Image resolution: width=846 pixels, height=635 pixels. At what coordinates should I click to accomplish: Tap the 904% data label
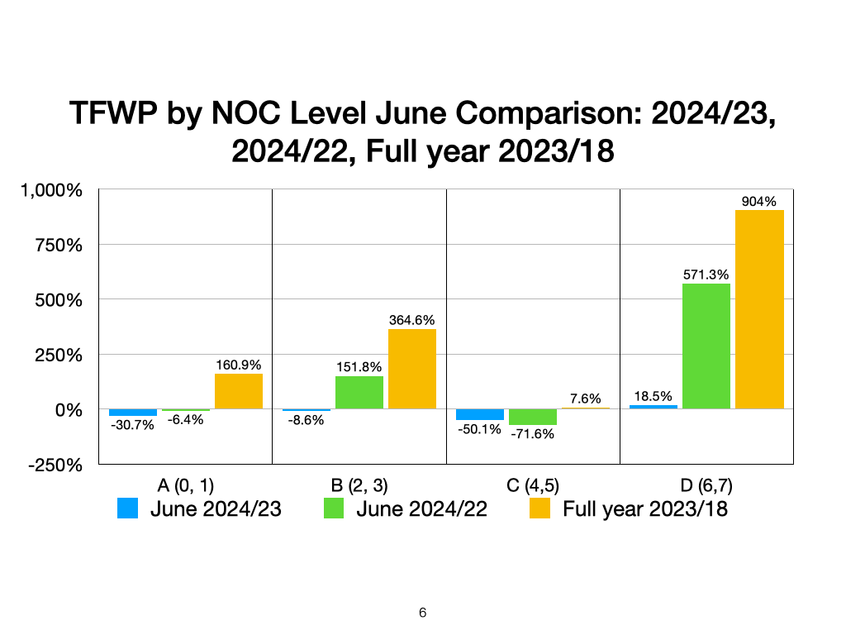[759, 202]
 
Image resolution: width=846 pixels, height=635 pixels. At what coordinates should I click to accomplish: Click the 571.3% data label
[706, 275]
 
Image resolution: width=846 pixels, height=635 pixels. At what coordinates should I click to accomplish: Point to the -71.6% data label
[532, 434]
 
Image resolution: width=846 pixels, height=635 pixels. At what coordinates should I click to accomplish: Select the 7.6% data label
[585, 399]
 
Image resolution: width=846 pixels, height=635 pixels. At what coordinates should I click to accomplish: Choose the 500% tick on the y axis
[59, 300]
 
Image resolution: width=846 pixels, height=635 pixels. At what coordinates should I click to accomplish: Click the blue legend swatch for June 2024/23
[127, 508]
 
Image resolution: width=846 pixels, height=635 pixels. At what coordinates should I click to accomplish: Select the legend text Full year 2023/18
[645, 508]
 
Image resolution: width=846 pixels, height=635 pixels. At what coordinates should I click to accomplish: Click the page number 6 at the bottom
[423, 613]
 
